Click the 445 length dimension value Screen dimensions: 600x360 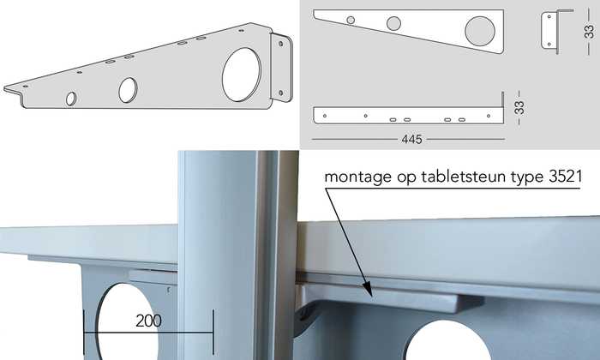pos(411,139)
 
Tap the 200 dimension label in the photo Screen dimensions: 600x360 pos(148,321)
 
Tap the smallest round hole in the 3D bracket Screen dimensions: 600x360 pos(71,99)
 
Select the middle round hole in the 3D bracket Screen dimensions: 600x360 pos(128,90)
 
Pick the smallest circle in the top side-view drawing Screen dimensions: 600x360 pos(351,21)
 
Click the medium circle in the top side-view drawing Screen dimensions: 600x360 pos(393,23)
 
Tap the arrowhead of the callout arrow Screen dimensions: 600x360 pos(368,292)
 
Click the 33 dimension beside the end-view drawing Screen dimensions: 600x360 pos(590,32)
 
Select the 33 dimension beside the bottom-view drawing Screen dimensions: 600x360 pos(519,108)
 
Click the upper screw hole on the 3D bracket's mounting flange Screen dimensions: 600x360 pos(281,44)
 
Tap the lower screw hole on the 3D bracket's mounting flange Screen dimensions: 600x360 pos(281,93)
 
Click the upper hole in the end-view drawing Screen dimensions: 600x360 pos(549,17)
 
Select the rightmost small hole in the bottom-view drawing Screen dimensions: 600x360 pos(489,116)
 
